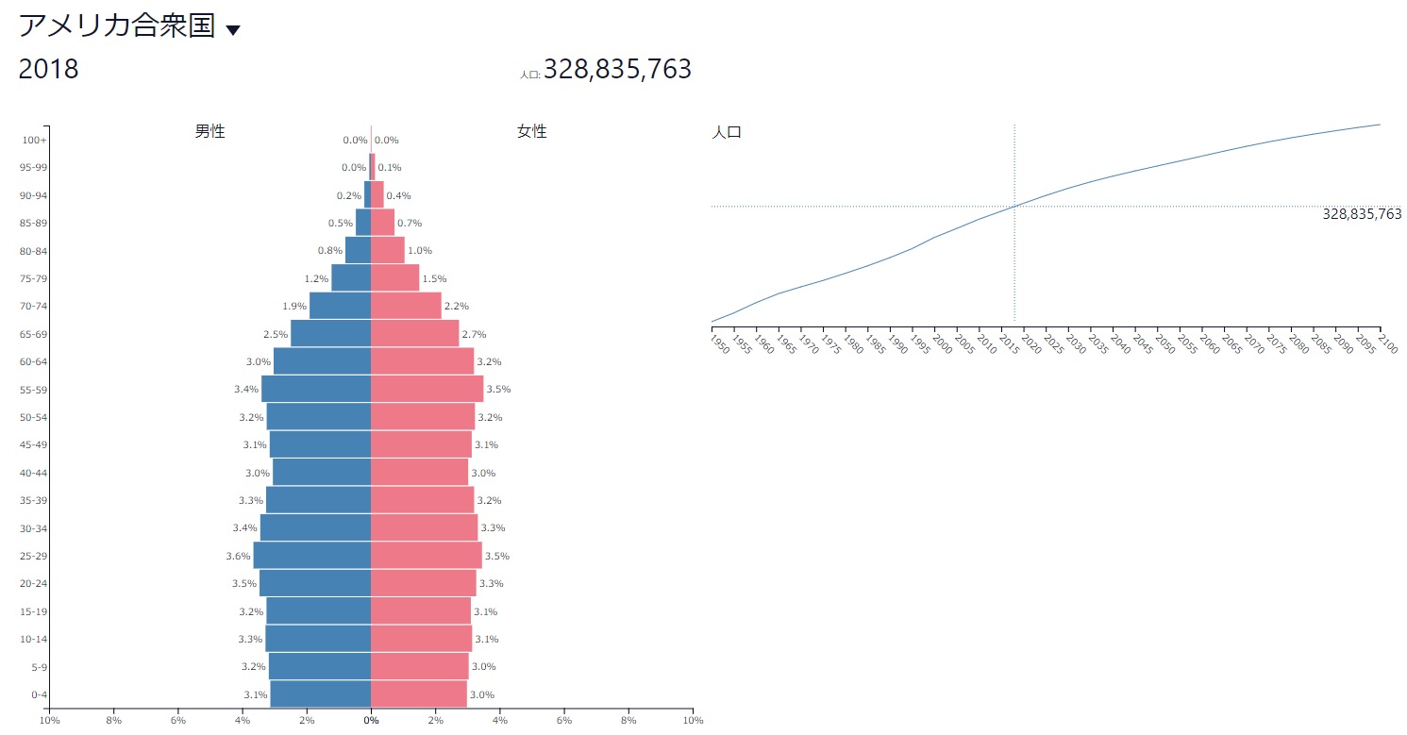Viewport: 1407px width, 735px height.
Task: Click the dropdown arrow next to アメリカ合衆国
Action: pos(233,30)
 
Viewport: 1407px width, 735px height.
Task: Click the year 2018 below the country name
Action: pos(49,70)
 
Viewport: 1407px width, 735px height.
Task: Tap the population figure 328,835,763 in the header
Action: pos(617,69)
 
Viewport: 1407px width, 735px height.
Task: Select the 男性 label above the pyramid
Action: pos(209,131)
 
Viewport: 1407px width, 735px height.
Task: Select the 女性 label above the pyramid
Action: pos(532,131)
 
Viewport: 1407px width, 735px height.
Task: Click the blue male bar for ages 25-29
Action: pos(311,556)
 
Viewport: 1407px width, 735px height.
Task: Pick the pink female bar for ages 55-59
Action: pos(427,389)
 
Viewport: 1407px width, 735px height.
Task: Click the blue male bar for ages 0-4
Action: pos(320,694)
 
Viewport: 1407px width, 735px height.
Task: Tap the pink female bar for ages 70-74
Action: pos(406,306)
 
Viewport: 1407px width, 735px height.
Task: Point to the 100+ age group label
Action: pos(34,141)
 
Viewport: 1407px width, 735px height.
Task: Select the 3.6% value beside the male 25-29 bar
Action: pos(238,556)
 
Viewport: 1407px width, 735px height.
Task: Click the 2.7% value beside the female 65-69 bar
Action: pos(475,334)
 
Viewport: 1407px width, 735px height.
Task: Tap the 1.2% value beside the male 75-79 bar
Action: pos(316,278)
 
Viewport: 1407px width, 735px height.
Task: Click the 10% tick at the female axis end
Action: pos(693,721)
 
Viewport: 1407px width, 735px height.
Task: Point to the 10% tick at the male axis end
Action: pos(49,721)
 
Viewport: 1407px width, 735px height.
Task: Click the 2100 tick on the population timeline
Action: pos(1386,342)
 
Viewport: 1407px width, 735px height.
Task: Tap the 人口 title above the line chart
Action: pos(727,132)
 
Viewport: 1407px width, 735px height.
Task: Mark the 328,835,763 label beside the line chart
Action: pos(1362,214)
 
